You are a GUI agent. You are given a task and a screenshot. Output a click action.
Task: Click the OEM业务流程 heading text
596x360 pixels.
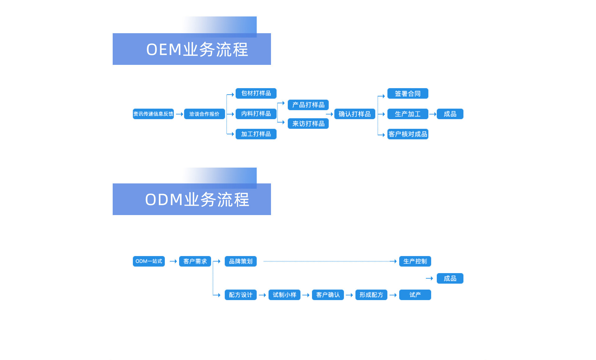tap(197, 50)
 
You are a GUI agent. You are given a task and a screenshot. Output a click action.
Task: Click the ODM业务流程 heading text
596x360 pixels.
tap(197, 200)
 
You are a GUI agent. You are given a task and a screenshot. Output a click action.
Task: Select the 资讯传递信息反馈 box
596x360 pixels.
tap(153, 114)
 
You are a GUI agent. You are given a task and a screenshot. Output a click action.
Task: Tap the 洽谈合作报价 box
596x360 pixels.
tap(204, 114)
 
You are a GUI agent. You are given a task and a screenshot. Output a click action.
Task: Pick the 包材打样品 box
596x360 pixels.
tap(256, 93)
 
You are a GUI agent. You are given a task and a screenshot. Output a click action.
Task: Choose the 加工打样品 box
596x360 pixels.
tap(256, 134)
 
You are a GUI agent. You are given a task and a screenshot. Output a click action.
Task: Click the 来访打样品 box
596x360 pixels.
tap(308, 124)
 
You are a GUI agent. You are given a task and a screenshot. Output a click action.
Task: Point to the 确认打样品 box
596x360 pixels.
tap(354, 114)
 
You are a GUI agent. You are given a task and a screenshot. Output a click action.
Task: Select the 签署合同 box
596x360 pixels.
tap(408, 93)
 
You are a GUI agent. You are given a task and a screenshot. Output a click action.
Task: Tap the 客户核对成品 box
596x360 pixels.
tap(408, 134)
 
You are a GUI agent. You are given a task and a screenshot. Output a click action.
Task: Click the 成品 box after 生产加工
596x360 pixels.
tap(450, 114)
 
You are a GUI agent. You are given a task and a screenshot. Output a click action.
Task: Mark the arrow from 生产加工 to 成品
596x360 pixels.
tap(433, 114)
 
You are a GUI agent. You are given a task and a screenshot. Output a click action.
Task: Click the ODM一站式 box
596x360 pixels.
tap(149, 261)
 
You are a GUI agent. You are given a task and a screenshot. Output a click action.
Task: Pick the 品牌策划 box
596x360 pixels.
tap(241, 261)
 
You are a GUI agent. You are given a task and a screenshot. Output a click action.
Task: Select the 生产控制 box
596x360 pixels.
tap(415, 261)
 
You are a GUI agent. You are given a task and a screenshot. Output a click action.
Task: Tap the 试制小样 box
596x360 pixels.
tap(284, 295)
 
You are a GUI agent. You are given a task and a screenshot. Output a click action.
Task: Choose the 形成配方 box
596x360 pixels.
tap(371, 295)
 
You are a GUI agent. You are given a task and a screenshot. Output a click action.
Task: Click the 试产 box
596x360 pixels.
tap(415, 295)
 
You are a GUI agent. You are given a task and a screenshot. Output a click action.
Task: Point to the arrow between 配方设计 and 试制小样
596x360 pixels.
tap(262, 295)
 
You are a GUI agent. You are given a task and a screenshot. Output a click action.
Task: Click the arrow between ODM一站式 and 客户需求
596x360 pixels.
tap(173, 261)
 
